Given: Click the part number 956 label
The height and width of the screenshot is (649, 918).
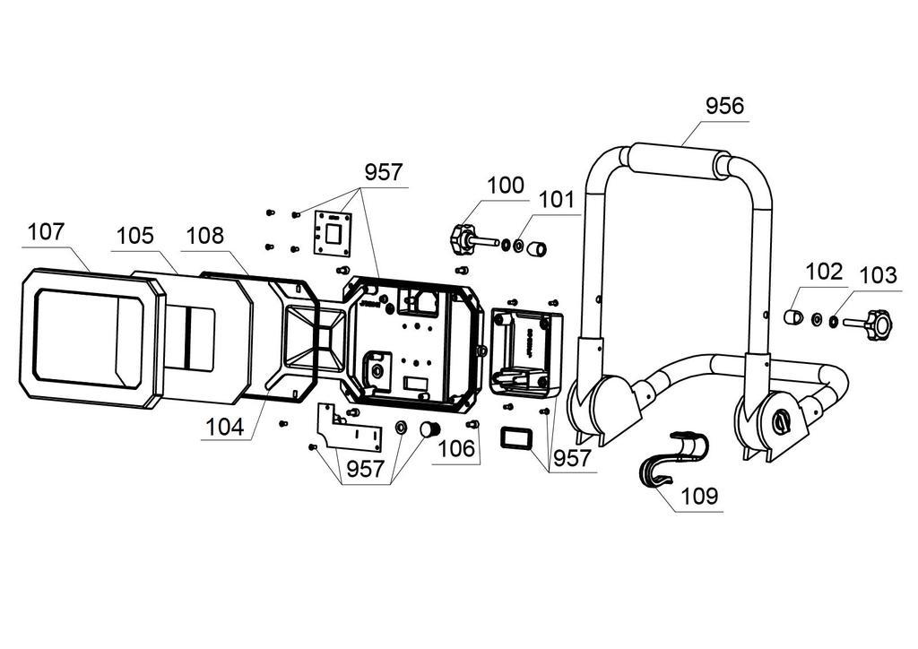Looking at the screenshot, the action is coord(724,106).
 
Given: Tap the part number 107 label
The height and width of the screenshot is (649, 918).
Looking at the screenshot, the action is coord(47,232).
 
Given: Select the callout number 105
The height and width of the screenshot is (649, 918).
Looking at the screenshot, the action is coord(134,236).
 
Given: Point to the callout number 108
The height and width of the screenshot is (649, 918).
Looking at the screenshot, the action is coord(205,236).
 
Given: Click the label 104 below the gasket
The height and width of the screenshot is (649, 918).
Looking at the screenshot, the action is coord(225,428).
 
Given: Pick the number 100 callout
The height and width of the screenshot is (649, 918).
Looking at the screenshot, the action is coord(506,186).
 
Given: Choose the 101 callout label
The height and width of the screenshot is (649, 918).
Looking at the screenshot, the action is coord(557,200).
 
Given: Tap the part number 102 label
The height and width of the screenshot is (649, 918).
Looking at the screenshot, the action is coord(825,273).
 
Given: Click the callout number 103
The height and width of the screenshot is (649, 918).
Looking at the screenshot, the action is coord(879,275).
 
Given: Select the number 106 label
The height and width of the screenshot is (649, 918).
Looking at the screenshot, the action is coord(456,449).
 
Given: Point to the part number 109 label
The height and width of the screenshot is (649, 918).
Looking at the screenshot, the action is coord(699,497).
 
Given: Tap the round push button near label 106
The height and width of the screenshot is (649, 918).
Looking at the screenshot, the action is coord(430,430).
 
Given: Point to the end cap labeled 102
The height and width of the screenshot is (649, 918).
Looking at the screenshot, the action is coord(792,316).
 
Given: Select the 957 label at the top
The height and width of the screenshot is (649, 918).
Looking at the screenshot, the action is coord(384,173).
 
